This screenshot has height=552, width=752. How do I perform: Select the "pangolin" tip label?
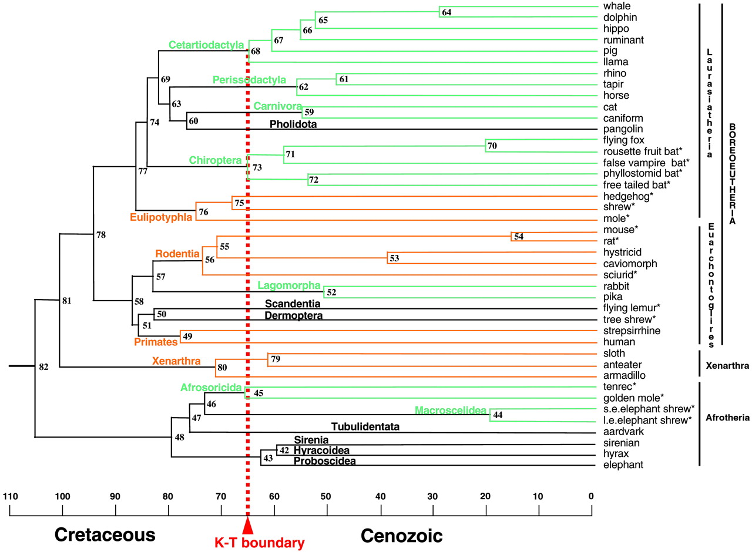click(x=623, y=129)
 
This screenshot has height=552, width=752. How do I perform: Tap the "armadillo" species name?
click(x=625, y=376)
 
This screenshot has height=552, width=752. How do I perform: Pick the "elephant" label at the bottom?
click(x=623, y=465)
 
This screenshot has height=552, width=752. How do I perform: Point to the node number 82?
click(x=43, y=367)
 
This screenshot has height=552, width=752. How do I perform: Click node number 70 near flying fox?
click(x=492, y=146)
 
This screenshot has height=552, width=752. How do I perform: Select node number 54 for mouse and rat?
click(x=518, y=237)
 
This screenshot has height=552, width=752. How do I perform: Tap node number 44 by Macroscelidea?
click(x=498, y=415)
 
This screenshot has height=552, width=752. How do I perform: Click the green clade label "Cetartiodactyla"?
click(x=206, y=45)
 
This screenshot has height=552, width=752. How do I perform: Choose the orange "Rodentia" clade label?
click(x=177, y=254)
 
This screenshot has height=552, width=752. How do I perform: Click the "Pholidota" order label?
click(x=293, y=124)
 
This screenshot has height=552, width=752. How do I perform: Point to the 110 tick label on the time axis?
click(x=9, y=497)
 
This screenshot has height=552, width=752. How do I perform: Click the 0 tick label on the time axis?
click(x=592, y=497)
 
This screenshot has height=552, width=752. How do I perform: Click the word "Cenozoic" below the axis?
click(x=401, y=535)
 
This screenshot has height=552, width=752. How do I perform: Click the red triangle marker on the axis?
click(x=248, y=525)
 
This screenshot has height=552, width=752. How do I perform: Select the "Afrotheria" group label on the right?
click(x=727, y=418)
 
